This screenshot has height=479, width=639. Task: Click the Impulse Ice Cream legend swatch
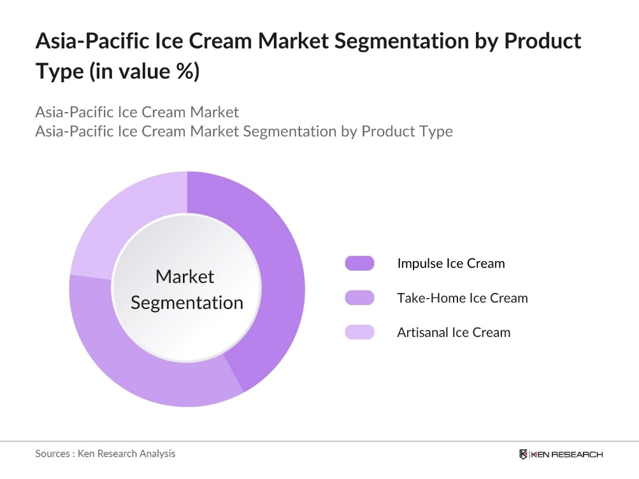[x=359, y=263]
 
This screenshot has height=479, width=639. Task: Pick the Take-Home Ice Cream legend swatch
[x=359, y=297]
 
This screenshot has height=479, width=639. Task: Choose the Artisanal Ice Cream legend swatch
[x=359, y=332]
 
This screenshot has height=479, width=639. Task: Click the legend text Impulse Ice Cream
[x=450, y=263]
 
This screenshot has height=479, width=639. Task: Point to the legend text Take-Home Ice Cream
[x=462, y=297]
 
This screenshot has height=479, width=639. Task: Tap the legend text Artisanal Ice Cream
[x=454, y=332]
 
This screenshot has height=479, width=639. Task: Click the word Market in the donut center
[x=185, y=276]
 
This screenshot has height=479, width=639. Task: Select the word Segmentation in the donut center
[x=187, y=303]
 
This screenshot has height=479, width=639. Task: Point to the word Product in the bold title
[x=542, y=41]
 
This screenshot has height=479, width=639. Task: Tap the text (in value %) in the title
[x=144, y=71]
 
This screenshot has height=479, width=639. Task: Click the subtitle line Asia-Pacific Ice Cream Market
[x=137, y=112]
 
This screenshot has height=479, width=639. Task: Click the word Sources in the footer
[x=53, y=454]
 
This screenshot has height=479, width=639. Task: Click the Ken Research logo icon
[x=524, y=454]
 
